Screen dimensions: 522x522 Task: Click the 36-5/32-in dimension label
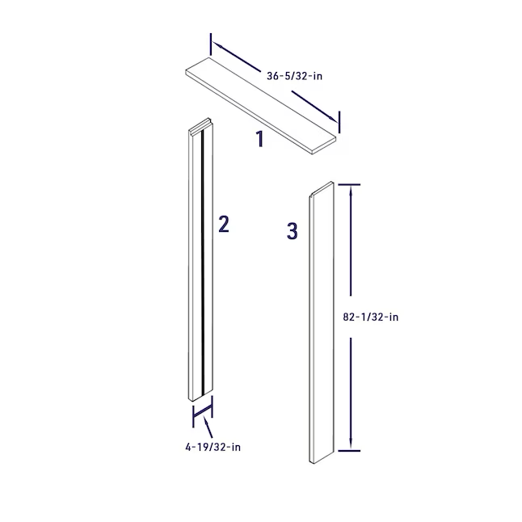(294, 76)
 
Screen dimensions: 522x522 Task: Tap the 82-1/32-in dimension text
(371, 317)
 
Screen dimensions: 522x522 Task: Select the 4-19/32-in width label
(213, 447)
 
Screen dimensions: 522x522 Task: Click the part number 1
(260, 139)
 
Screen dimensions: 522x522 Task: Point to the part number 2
(224, 224)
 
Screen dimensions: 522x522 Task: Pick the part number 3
(292, 231)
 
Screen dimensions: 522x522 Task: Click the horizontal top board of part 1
(261, 105)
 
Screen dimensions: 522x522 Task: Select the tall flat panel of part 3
(322, 322)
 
